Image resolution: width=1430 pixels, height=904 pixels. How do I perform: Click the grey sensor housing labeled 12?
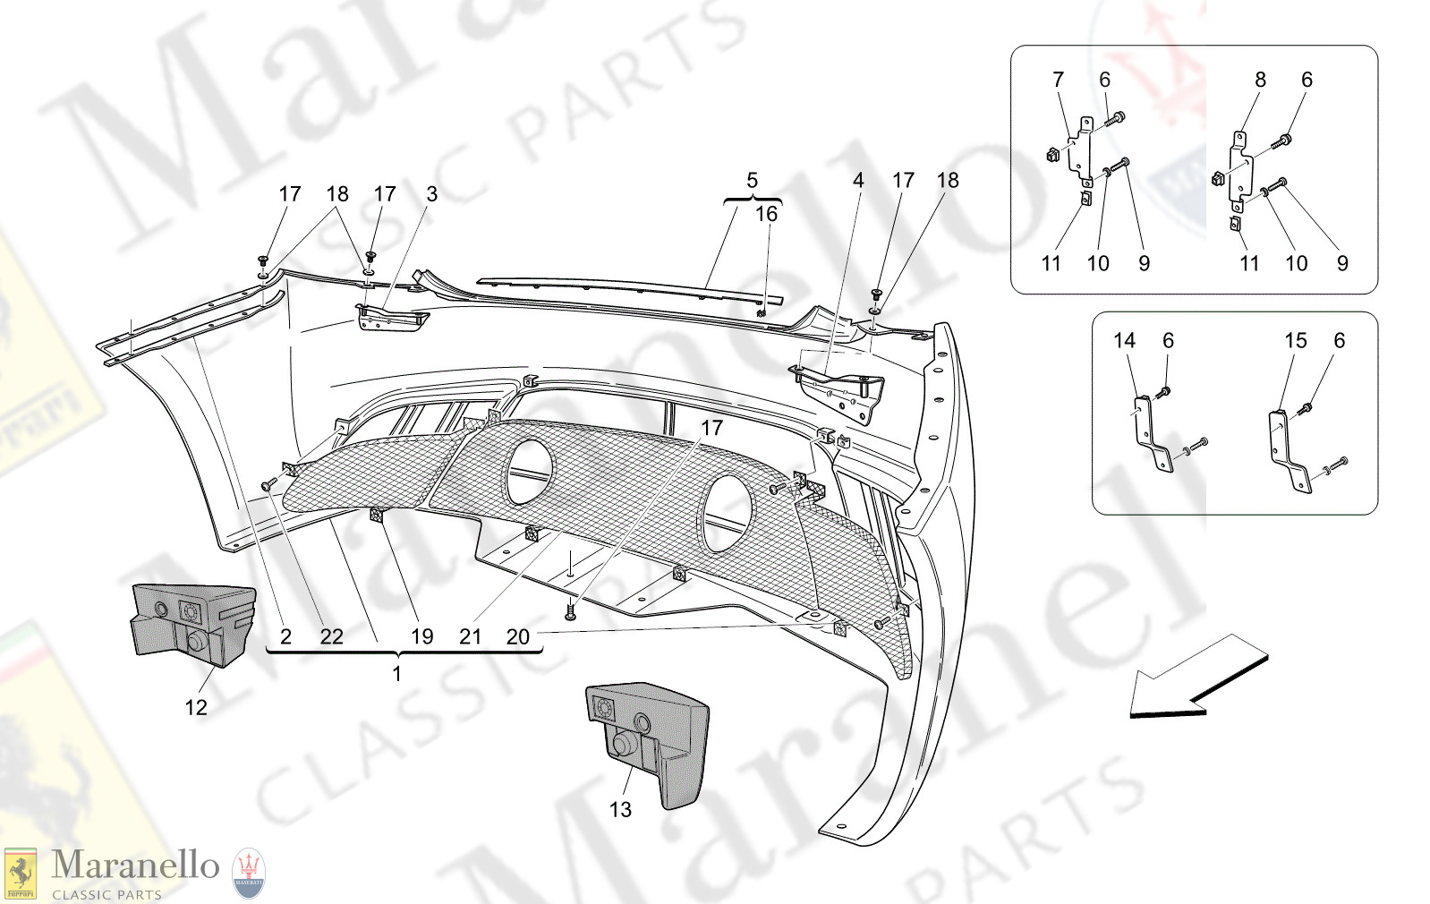192,624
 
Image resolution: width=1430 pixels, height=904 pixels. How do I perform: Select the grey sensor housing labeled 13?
647,738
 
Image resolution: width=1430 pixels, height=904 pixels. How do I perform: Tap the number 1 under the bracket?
397,673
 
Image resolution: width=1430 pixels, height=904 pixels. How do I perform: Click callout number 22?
331,636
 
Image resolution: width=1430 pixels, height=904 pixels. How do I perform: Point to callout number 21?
470,636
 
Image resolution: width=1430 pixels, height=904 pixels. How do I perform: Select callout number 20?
518,636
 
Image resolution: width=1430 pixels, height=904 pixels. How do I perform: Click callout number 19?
421,636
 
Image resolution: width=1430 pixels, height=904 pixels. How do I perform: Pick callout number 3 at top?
432,194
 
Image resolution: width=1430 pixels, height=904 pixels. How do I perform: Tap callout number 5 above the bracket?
752,181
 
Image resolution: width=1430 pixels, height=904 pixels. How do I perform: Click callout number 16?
766,214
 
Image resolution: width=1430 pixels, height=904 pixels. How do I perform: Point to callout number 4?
858,181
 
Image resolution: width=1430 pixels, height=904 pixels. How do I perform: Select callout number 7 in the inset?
1059,80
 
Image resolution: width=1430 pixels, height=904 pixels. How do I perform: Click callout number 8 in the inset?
1260,80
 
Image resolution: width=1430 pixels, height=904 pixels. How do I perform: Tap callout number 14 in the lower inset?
1124,341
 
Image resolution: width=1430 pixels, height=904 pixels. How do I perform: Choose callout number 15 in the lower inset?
1295,341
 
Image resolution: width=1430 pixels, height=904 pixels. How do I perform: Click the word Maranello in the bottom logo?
135,866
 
